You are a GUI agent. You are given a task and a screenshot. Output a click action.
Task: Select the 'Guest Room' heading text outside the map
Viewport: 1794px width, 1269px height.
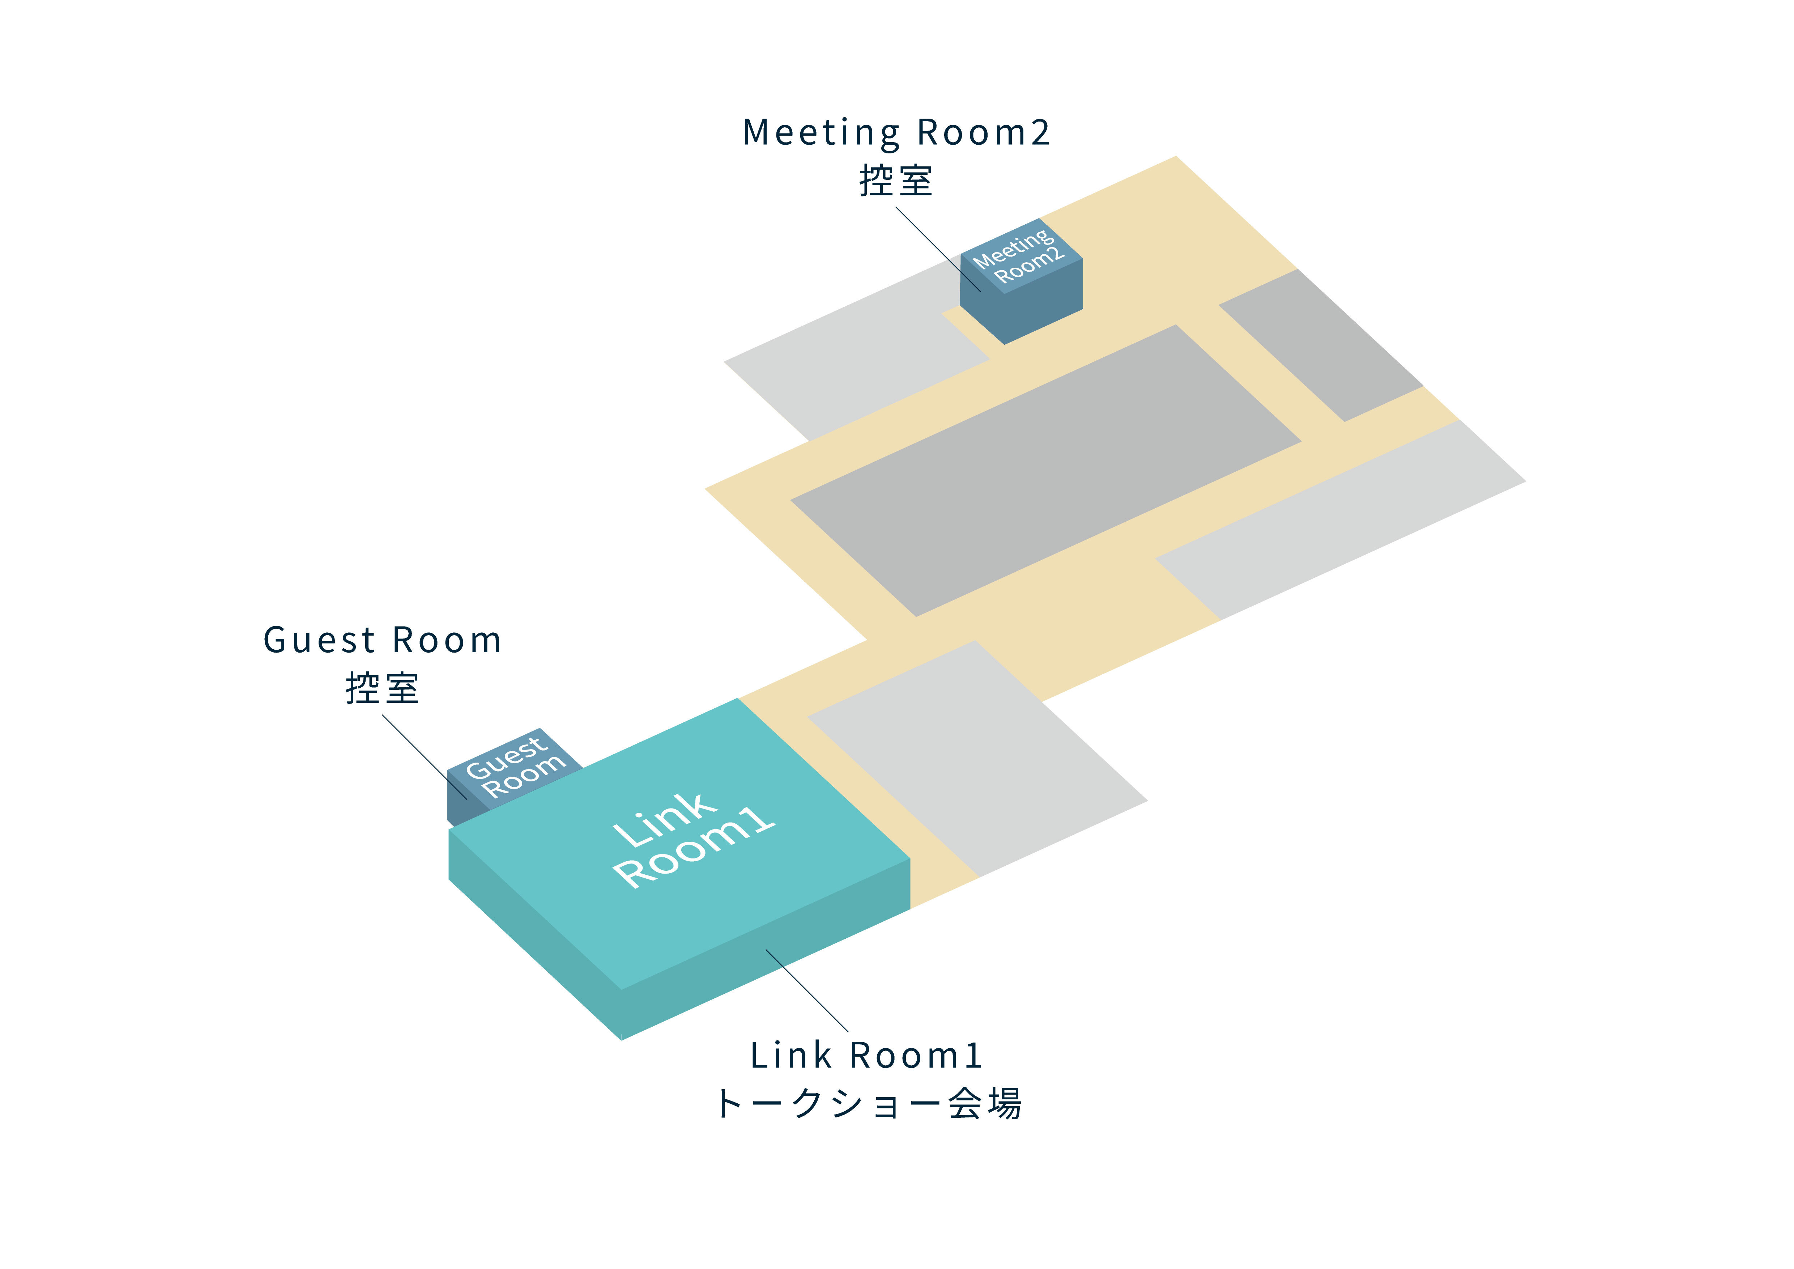[382, 641]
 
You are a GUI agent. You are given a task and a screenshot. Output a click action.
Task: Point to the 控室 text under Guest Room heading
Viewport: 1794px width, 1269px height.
[382, 688]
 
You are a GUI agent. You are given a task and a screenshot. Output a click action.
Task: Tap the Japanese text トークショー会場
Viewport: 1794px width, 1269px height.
[867, 1104]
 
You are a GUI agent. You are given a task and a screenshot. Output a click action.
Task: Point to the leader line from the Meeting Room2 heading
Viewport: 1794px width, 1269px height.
[938, 249]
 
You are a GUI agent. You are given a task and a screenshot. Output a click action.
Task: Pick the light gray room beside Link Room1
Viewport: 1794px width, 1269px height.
[977, 758]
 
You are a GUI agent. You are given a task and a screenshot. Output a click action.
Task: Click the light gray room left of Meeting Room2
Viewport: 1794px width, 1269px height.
[852, 356]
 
